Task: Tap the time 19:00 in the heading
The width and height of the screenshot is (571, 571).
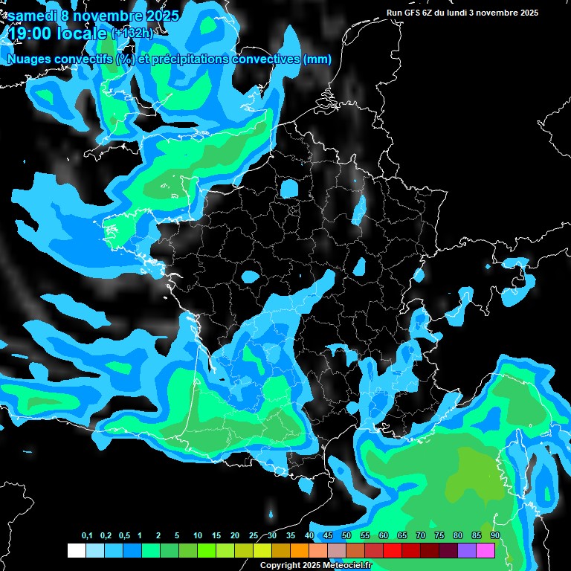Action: click(x=32, y=33)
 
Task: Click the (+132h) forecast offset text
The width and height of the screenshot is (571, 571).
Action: click(x=132, y=33)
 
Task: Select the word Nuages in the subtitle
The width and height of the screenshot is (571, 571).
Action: click(x=29, y=59)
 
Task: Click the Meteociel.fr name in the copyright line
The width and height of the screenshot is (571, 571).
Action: click(x=357, y=566)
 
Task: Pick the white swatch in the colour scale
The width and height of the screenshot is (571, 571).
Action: click(x=76, y=550)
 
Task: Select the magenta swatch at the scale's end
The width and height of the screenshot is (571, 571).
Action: click(x=485, y=550)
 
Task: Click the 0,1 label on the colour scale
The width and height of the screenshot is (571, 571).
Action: click(x=87, y=536)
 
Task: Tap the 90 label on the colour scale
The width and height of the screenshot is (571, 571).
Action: click(x=495, y=536)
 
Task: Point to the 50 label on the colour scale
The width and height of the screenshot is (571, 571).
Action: click(x=346, y=536)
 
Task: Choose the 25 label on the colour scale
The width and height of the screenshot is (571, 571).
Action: click(x=254, y=536)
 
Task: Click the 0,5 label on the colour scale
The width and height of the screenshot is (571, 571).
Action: click(x=124, y=536)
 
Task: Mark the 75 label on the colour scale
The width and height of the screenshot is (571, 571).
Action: click(x=439, y=536)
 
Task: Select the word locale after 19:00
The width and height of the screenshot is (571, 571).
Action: click(x=81, y=33)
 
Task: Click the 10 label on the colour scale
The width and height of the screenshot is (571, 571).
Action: click(x=198, y=536)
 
